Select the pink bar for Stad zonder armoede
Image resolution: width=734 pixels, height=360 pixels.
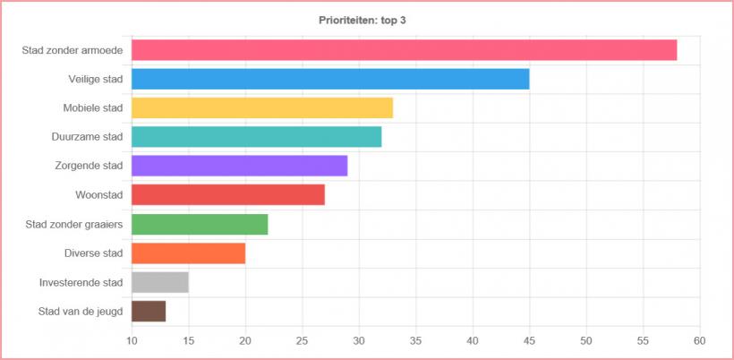(x=404, y=50)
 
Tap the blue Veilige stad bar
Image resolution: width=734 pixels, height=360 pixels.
(x=330, y=79)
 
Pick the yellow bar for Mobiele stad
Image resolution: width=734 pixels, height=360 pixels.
(x=262, y=108)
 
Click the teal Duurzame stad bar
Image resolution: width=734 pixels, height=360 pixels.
(x=257, y=137)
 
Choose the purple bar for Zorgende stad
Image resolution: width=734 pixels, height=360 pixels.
(x=239, y=166)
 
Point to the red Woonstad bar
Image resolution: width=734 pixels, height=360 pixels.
(x=228, y=194)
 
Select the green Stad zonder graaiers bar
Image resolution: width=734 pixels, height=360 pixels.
(x=200, y=224)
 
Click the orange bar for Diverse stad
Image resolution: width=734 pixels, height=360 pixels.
(x=188, y=253)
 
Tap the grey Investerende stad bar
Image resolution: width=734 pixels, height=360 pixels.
(x=160, y=282)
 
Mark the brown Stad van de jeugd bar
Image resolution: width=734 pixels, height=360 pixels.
(x=149, y=311)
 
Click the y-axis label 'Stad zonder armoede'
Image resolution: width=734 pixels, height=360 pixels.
(x=73, y=50)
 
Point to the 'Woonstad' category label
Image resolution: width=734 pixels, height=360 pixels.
(x=99, y=194)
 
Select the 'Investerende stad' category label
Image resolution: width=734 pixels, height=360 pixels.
(x=81, y=282)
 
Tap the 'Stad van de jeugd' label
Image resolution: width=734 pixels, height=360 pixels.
(x=81, y=311)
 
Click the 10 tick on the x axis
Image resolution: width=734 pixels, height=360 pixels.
(x=132, y=340)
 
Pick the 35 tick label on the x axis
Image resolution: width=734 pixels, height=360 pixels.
(x=415, y=340)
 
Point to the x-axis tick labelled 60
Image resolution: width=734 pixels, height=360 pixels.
(x=699, y=340)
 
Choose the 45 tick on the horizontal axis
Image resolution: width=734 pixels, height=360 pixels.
(x=529, y=340)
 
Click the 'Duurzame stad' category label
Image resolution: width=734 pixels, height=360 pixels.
(x=87, y=137)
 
